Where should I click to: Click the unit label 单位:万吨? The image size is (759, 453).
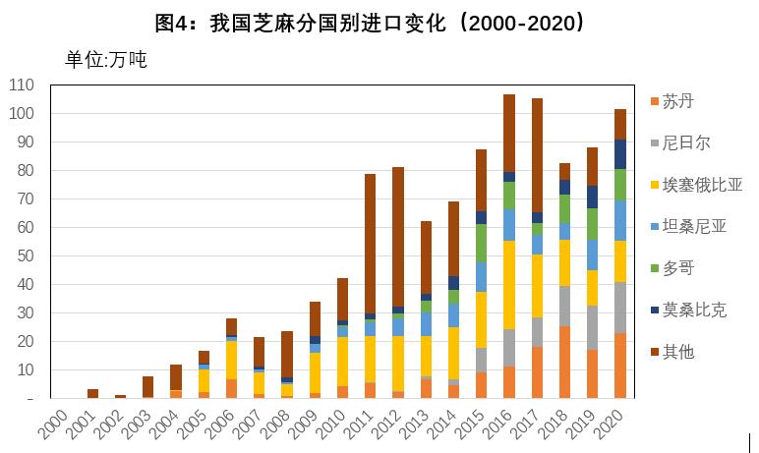coord(105,60)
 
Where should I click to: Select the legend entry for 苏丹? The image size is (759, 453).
coord(678,101)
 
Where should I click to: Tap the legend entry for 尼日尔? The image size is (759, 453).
coord(685,143)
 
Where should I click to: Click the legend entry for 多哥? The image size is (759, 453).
coord(678,268)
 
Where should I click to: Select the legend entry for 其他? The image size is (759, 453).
coord(678,351)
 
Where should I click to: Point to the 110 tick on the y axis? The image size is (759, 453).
coord(23,85)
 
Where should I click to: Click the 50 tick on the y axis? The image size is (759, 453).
coord(27,256)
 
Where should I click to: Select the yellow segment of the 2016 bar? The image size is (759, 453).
coord(509,285)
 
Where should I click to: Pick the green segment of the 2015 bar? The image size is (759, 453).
coord(482,244)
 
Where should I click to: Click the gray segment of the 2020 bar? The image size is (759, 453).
coord(620,308)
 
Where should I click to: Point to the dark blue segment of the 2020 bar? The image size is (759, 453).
coord(620,154)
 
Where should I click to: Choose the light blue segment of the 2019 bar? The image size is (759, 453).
coord(593,255)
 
